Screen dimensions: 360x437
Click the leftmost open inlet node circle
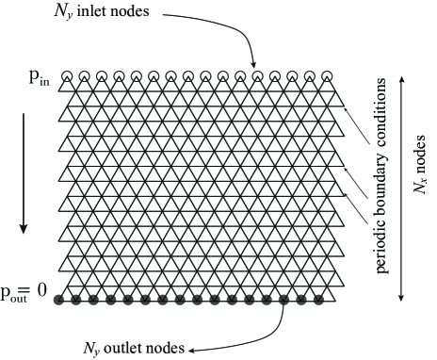tap(67, 76)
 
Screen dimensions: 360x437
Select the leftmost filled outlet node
tap(59, 301)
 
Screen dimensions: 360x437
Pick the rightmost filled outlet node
tap(318, 301)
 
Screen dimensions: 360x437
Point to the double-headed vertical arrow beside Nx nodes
tap(404, 188)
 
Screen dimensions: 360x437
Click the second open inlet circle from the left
tap(84, 76)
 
